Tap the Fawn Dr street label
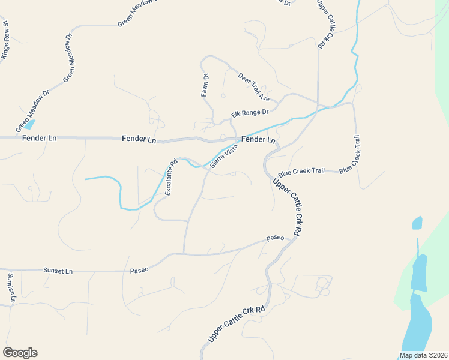205,85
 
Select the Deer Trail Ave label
254,87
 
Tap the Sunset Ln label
58,271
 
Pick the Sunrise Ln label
10,287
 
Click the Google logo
20,353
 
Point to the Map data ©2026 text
424,355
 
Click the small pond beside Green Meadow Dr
29,125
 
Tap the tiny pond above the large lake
417,223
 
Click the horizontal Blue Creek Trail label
301,171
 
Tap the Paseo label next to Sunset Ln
139,270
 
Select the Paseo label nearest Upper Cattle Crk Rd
275,238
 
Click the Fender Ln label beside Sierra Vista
258,139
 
